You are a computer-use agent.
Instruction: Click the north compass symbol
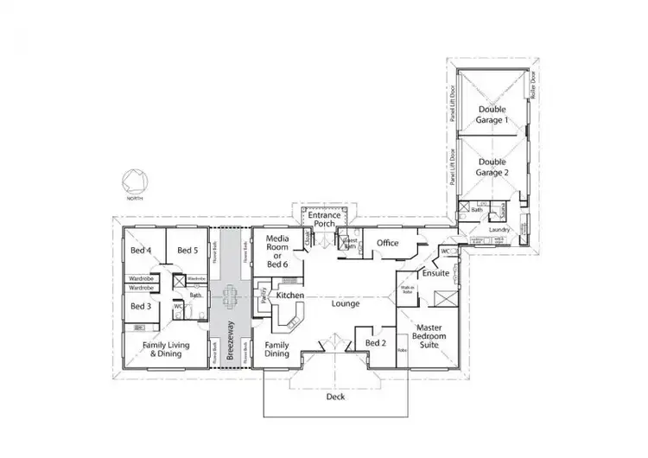tap(134, 181)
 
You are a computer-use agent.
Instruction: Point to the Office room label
tap(388, 243)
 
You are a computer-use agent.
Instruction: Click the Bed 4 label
tap(141, 251)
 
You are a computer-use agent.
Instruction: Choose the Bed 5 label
tap(188, 251)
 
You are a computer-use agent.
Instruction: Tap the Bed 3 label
tap(141, 306)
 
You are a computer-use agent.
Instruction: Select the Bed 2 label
tap(375, 343)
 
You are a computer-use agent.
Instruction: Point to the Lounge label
tap(346, 303)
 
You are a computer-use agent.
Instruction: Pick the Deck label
tap(335, 398)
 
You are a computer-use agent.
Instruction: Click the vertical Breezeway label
tap(230, 341)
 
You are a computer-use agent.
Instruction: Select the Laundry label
tap(499, 230)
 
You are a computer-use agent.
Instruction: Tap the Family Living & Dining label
tap(165, 348)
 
